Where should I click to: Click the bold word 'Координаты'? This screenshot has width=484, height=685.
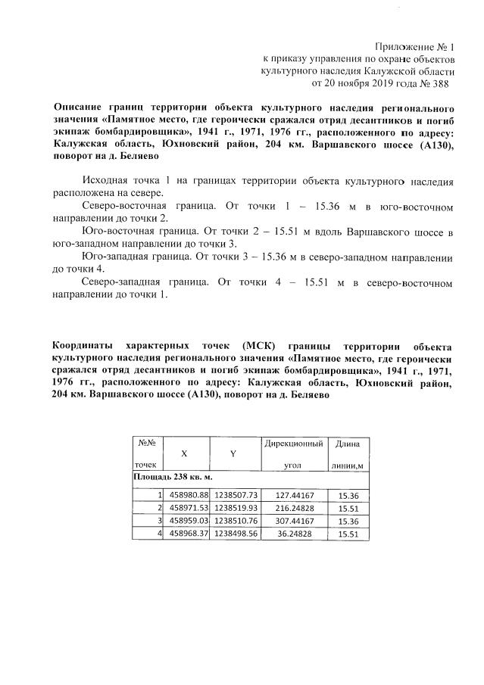pyautogui.click(x=89, y=345)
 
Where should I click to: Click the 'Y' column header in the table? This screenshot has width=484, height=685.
pyautogui.click(x=233, y=453)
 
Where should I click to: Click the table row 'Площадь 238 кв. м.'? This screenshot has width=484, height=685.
pyautogui.click(x=172, y=478)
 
